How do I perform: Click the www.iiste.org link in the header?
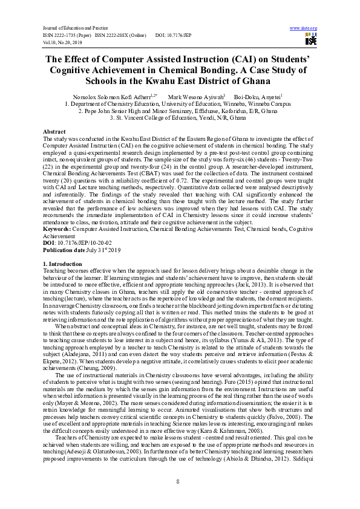tap(304, 28)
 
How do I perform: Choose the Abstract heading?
tap(54, 132)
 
